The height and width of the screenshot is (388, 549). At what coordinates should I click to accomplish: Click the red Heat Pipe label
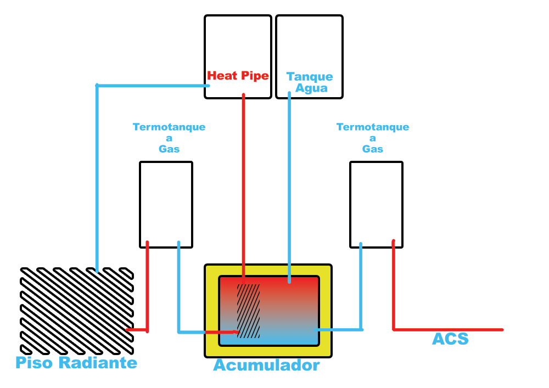(x=238, y=76)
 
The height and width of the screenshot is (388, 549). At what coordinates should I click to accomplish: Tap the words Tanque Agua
(x=310, y=82)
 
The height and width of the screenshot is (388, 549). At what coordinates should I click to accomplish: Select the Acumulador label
(x=266, y=365)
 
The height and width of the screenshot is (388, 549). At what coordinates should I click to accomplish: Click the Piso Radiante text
(x=76, y=362)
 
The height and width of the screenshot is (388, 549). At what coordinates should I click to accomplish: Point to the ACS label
(x=450, y=339)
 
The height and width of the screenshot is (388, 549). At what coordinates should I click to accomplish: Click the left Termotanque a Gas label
(x=169, y=138)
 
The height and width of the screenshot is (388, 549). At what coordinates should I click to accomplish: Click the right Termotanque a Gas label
(x=373, y=138)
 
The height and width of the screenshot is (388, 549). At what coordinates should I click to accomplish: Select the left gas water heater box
(x=166, y=205)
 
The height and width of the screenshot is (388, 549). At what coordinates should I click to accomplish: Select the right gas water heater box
(x=377, y=205)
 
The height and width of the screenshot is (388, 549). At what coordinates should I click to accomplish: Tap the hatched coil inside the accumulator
(x=248, y=311)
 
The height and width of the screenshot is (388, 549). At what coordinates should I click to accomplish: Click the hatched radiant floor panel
(x=77, y=311)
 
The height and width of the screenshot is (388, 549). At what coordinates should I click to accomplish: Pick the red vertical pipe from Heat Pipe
(x=243, y=189)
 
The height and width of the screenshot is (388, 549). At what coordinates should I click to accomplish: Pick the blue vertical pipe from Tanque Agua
(x=289, y=187)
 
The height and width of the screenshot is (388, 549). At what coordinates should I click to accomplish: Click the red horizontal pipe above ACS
(x=448, y=330)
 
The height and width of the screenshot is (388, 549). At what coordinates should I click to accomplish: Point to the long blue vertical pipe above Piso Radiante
(x=97, y=178)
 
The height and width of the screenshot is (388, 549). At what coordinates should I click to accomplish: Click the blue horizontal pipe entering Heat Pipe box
(x=153, y=86)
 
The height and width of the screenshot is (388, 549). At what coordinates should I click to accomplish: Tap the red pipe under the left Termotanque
(x=147, y=286)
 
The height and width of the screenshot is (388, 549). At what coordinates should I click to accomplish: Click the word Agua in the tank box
(x=311, y=88)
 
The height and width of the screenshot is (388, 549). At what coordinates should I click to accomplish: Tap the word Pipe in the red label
(x=255, y=76)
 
